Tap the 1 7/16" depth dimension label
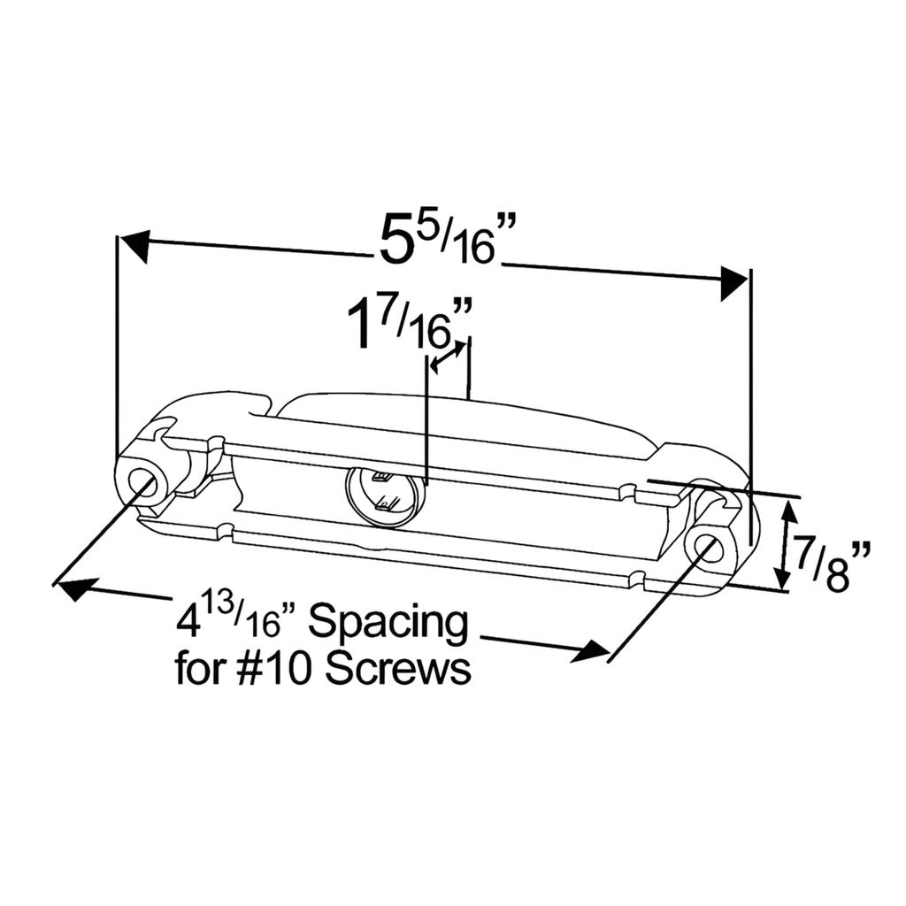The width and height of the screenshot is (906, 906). [x=409, y=322]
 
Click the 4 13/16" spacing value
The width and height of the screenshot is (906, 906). [x=230, y=621]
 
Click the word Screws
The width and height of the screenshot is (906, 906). [x=397, y=670]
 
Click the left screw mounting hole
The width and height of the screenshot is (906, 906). [x=142, y=482]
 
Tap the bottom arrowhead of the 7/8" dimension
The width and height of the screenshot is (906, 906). [x=781, y=580]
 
